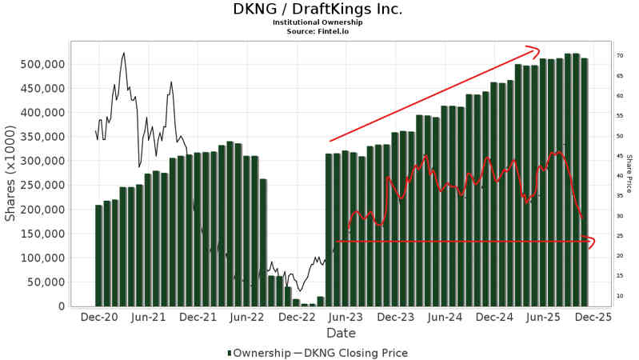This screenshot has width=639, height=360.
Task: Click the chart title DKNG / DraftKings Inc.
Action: [x=318, y=10]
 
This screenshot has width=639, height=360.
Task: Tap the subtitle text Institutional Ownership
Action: [x=318, y=22]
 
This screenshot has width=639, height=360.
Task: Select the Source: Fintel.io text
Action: [x=318, y=31]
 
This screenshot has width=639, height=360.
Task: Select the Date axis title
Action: [x=341, y=333]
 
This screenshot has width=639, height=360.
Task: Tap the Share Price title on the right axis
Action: [x=629, y=174]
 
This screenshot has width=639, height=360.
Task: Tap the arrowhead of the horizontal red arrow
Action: [x=592, y=241]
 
